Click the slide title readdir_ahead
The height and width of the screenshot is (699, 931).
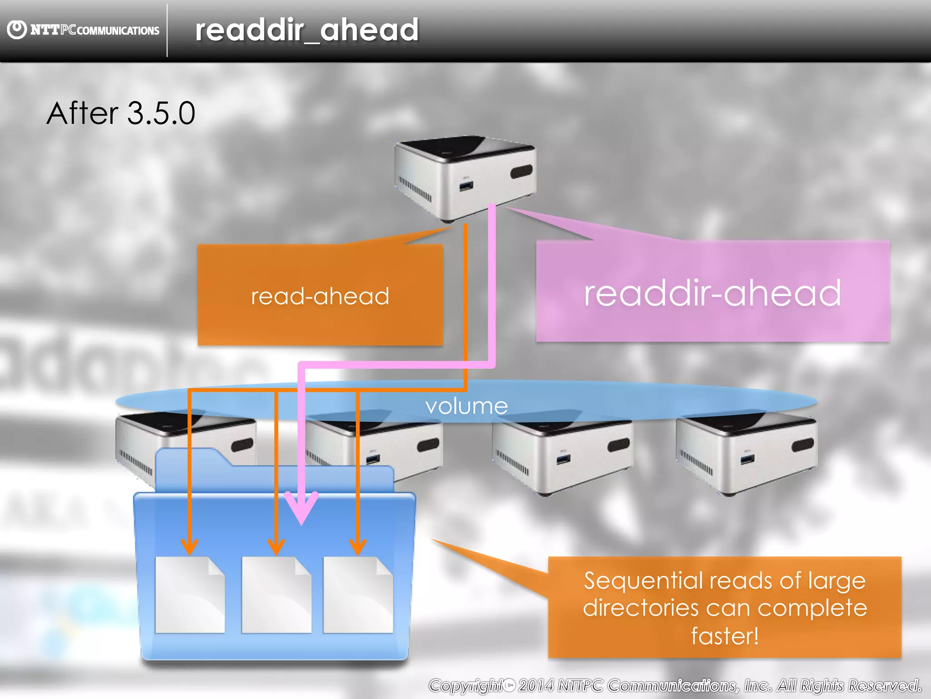pos(306,30)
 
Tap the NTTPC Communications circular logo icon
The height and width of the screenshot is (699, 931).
pos(17,30)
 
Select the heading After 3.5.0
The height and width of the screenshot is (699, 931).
pos(121,113)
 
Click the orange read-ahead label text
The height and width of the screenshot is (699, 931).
pos(320,296)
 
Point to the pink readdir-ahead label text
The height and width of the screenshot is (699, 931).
pos(712,294)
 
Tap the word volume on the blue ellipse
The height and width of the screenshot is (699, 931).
pos(466,406)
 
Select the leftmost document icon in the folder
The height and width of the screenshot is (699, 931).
pos(190,595)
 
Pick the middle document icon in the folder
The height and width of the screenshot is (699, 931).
pos(276,595)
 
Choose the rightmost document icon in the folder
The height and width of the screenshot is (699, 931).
pos(358,595)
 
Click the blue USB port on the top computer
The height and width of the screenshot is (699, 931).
pos(466,186)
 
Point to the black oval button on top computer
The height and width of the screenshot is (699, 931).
pos(521,172)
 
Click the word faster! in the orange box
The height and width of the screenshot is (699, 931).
pos(725,636)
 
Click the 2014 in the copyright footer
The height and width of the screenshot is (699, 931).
pos(536,685)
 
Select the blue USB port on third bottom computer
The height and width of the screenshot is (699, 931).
pos(563,459)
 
